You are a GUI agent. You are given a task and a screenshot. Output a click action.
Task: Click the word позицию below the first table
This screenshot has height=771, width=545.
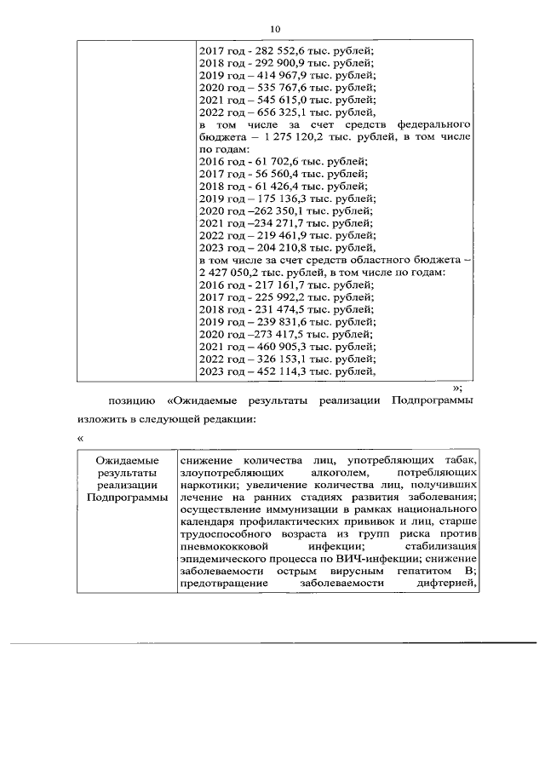pos(130,399)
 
